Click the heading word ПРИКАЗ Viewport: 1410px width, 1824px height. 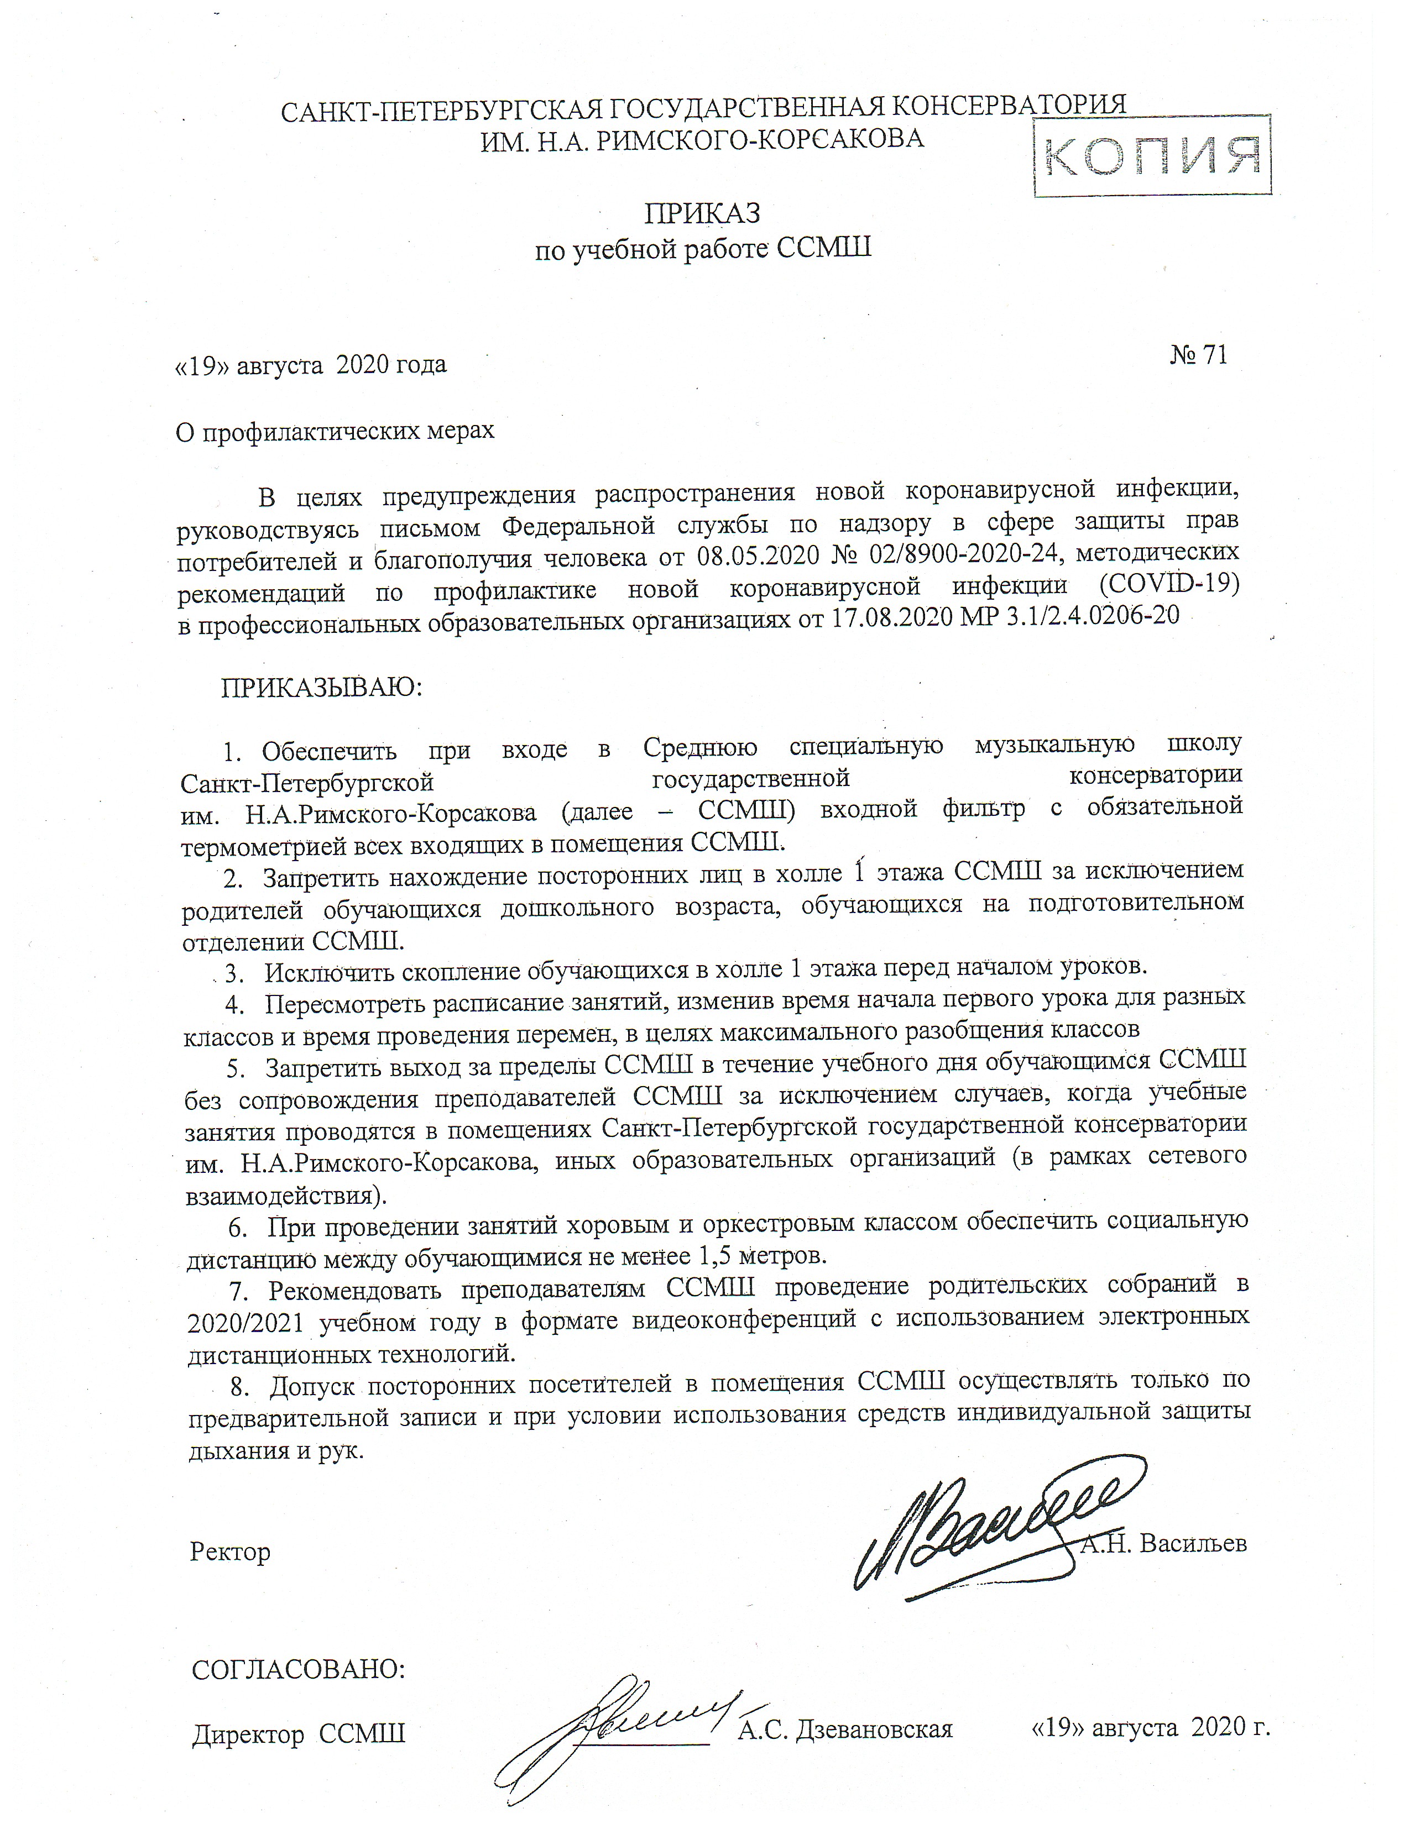tap(702, 214)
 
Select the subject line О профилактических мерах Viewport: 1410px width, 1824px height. tap(334, 431)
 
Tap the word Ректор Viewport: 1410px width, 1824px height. tap(229, 1552)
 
